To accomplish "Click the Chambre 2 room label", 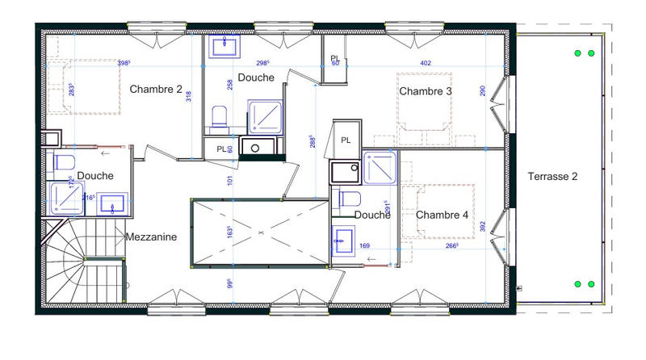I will point(156,89).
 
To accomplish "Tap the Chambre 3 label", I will point(426,91).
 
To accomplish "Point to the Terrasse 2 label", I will point(553,175).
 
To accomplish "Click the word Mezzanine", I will point(151,237).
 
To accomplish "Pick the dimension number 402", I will point(426,62).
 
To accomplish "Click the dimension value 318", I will point(188,96).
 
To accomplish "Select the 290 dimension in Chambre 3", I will point(483,92).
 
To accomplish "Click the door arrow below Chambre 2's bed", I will point(104,150).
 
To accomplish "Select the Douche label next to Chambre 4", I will point(372,215).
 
